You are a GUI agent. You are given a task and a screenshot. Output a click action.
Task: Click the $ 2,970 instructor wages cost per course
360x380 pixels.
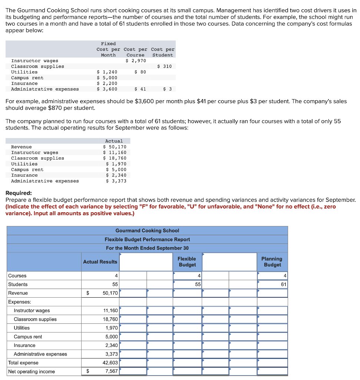pos(136,60)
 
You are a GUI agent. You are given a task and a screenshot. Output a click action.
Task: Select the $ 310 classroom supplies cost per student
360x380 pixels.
pos(165,66)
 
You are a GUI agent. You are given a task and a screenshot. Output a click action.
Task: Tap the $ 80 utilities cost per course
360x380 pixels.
pos(140,72)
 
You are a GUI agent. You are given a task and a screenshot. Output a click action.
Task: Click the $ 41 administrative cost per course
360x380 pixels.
pos(140,89)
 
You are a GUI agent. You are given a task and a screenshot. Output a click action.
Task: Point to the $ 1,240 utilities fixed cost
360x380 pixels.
pos(107,72)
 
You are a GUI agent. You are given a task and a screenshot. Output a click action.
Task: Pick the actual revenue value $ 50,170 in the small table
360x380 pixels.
pos(115,147)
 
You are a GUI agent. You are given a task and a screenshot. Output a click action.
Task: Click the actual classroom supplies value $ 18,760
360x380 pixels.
pos(115,158)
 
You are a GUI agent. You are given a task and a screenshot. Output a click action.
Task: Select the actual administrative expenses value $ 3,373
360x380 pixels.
pos(116,181)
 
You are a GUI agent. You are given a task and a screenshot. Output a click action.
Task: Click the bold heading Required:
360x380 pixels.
pos(19,193)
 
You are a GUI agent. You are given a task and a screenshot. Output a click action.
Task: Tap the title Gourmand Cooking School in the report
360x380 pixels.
pos(147,231)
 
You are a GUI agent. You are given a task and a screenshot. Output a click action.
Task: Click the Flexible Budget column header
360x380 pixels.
pos(187,262)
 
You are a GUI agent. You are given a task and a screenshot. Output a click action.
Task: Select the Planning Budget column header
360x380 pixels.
pos(272,262)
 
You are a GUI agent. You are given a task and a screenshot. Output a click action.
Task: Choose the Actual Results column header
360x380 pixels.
pos(100,262)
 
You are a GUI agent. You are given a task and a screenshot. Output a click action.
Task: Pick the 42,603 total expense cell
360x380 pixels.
pos(110,363)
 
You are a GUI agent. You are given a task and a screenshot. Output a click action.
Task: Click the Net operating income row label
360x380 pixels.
pos(32,371)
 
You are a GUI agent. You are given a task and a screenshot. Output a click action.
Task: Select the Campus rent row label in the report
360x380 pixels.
pos(28,337)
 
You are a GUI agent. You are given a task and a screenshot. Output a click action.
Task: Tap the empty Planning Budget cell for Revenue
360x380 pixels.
pos(273,293)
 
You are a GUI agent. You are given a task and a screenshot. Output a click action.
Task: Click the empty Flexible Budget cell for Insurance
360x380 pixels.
pos(187,345)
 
